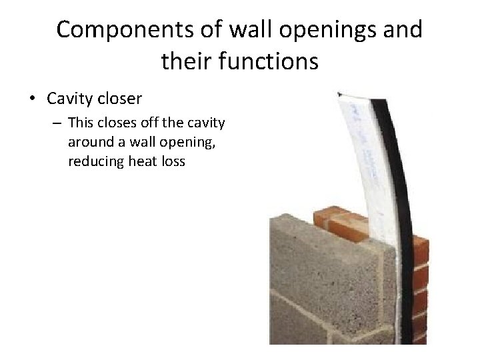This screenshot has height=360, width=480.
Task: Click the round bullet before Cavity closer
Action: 32,99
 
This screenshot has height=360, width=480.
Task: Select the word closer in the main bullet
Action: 119,99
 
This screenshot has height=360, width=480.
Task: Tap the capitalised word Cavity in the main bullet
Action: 69,99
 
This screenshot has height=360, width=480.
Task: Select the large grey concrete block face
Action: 320,293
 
